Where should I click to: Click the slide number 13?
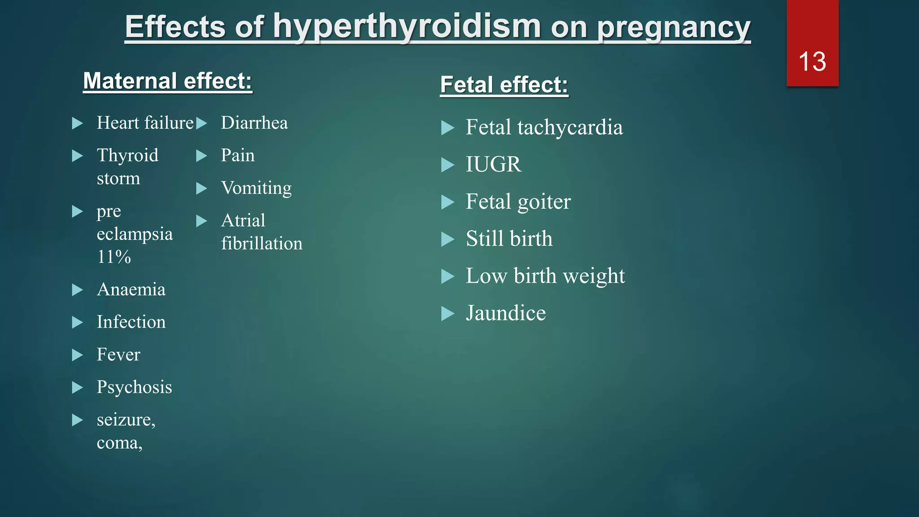812,61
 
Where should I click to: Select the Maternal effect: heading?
167,81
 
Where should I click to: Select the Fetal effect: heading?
504,85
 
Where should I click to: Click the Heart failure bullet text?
145,123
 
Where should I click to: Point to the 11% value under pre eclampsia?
114,257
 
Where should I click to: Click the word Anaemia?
131,289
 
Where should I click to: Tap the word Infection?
131,322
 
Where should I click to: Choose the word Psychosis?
134,387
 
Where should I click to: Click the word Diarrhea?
254,123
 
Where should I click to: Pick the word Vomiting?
256,188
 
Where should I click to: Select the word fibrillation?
262,243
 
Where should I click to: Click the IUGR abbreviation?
493,164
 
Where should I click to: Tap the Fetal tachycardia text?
544,127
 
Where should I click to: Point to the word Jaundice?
506,313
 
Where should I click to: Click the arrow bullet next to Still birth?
447,239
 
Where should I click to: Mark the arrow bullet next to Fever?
77,355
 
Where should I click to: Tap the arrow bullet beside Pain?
201,156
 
